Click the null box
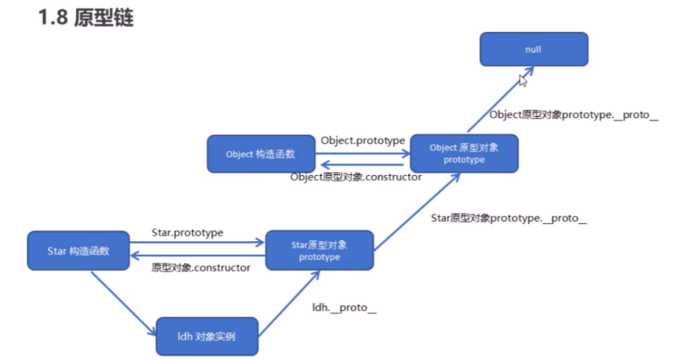coord(533,49)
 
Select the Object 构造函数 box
coord(261,154)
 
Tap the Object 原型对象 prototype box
coord(464,154)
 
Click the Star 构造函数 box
coord(79,251)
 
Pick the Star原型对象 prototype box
coord(320,250)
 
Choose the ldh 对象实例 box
coord(207,336)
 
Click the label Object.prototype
coord(363,140)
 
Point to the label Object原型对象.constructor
coord(356,177)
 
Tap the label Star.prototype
coord(188,232)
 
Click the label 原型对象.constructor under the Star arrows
coord(201,268)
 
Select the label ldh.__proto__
coord(344,307)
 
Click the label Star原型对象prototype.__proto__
coord(509,218)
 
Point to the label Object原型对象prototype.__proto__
coord(573,115)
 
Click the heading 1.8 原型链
coord(86,18)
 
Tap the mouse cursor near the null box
coord(523,80)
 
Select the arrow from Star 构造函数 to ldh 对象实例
coord(123,304)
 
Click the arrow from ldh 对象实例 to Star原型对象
coord(289,304)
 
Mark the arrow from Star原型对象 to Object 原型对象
coord(417,212)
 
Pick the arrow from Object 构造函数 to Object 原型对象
coord(363,154)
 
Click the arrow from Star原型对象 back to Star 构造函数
coord(197,255)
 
